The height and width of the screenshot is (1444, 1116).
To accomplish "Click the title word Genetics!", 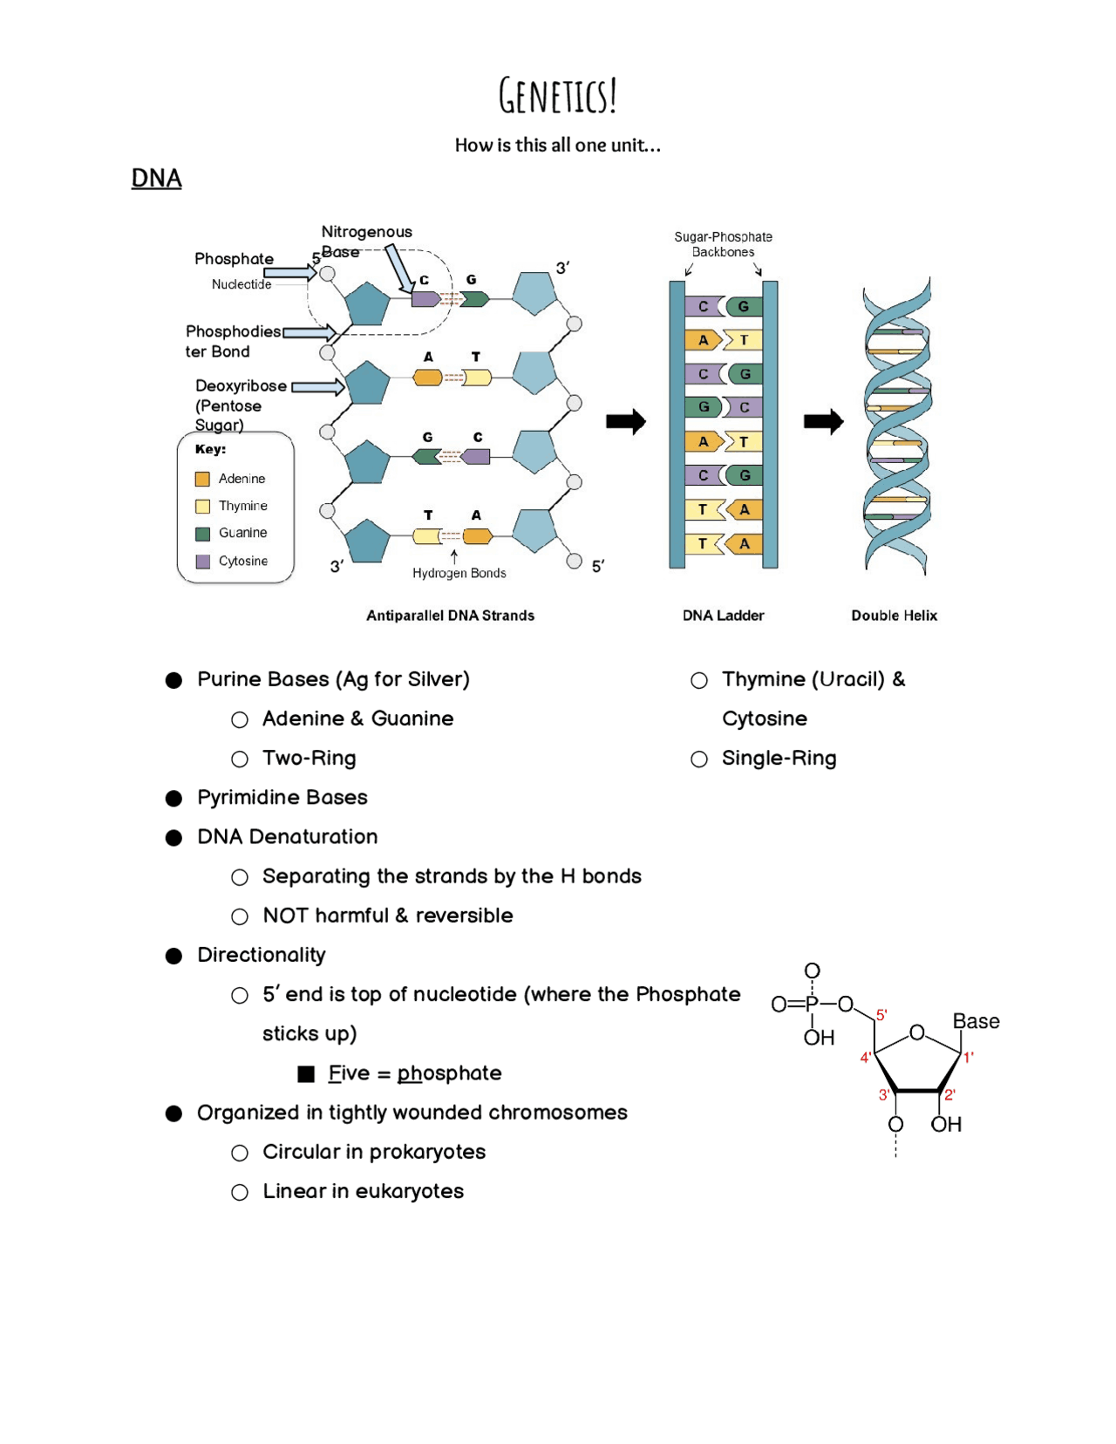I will (x=558, y=95).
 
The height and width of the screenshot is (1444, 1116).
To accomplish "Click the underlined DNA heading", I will (x=156, y=178).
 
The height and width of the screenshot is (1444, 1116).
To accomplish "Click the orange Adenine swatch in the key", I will (x=202, y=479).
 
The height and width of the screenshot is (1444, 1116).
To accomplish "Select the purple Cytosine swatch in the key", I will (x=202, y=561).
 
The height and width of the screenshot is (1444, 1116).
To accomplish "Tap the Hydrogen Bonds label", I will (x=459, y=573).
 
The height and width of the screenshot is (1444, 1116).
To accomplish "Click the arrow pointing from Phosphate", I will (x=289, y=273).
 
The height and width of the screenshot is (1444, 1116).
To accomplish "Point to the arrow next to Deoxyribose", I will (x=317, y=386).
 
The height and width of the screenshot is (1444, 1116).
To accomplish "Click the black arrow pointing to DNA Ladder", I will (x=625, y=422).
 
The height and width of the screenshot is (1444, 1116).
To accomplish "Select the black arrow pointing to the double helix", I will (x=823, y=422).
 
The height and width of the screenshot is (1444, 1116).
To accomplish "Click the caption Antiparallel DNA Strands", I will (x=450, y=616).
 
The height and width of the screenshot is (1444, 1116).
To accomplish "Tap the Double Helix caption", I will (x=894, y=616).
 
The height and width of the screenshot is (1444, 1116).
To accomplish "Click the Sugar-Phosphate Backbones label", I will (x=723, y=244).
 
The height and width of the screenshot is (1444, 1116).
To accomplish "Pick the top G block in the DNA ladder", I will (x=744, y=306).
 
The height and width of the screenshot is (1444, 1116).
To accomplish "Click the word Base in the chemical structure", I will (x=976, y=1021).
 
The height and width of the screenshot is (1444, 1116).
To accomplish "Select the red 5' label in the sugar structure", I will (x=881, y=1015).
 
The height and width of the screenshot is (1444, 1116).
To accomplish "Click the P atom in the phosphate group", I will (x=812, y=1004).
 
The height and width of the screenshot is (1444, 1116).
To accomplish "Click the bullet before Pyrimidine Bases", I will (x=174, y=798).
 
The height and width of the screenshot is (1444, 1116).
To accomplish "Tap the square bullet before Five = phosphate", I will (x=306, y=1074).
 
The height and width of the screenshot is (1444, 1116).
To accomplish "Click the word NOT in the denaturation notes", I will (x=285, y=916).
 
